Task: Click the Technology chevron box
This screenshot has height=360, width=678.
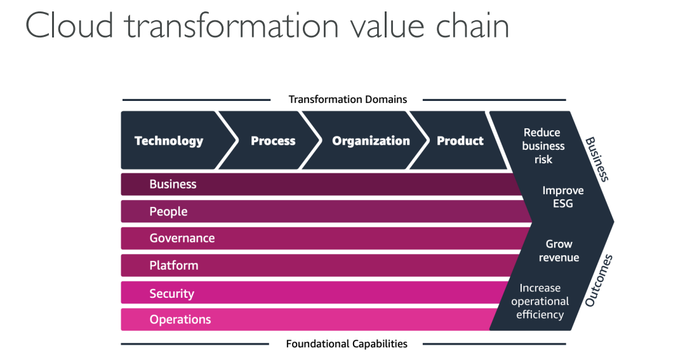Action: click(169, 141)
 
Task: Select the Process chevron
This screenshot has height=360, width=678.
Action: click(273, 141)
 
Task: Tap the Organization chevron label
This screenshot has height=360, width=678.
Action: click(371, 141)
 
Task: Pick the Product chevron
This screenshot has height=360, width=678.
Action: click(460, 141)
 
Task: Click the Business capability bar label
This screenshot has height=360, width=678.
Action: click(173, 184)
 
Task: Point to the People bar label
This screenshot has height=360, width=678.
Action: click(168, 211)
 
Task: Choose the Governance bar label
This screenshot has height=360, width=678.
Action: click(182, 238)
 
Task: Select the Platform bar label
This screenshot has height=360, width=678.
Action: click(173, 265)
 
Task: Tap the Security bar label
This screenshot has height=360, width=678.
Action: click(171, 293)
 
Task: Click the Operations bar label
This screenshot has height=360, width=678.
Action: click(180, 319)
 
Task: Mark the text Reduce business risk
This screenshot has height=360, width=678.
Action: click(543, 146)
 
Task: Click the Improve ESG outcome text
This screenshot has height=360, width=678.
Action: click(562, 197)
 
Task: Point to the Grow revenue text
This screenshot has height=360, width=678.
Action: click(559, 251)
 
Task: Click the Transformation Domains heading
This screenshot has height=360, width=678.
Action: click(347, 100)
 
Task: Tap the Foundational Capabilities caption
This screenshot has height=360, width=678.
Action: click(347, 344)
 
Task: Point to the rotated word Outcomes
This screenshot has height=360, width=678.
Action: click(599, 281)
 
